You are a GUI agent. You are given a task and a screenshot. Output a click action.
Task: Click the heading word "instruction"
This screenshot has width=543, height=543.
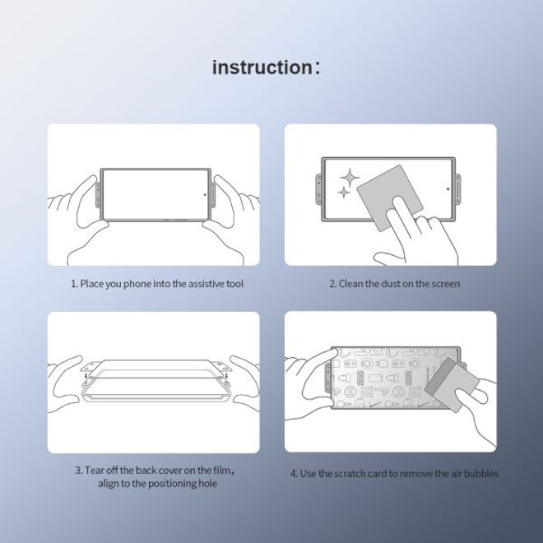tap(261, 67)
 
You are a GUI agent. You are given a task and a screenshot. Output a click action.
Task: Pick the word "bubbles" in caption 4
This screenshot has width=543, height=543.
tap(480, 474)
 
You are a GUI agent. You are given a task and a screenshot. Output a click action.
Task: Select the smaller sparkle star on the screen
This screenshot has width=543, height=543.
tap(339, 194)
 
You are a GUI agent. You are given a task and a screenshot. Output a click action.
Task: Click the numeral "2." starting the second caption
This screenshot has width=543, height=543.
tap(333, 284)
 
